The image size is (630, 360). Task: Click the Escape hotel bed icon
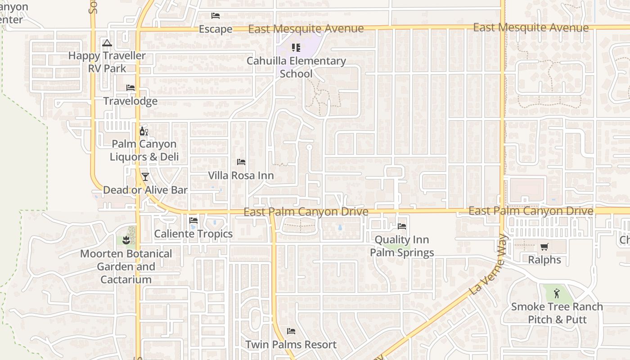click(x=216, y=16)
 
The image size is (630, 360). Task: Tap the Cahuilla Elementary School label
click(x=296, y=67)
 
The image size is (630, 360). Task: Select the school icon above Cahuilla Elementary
click(x=296, y=47)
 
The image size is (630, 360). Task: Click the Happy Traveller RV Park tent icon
click(x=107, y=43)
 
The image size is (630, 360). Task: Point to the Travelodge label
click(x=130, y=101)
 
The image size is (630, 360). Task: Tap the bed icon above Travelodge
click(x=130, y=87)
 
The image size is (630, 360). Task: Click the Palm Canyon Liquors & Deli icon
click(x=144, y=131)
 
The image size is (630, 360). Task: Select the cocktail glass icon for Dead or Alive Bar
click(x=145, y=177)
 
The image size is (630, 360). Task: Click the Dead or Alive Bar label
click(x=145, y=190)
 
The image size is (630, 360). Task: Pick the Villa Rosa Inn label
click(x=241, y=175)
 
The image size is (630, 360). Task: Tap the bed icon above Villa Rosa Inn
click(x=241, y=162)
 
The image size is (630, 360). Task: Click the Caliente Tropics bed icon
click(x=193, y=220)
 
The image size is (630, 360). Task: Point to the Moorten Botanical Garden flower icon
click(x=126, y=240)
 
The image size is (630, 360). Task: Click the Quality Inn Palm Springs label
click(x=402, y=246)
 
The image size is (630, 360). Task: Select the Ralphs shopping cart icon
click(x=544, y=247)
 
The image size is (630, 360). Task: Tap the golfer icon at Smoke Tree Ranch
click(x=557, y=293)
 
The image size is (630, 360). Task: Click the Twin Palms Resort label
click(x=291, y=345)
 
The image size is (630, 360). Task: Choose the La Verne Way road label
click(x=488, y=265)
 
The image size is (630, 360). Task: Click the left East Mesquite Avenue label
click(x=306, y=29)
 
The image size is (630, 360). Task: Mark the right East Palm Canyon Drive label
click(x=531, y=211)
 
